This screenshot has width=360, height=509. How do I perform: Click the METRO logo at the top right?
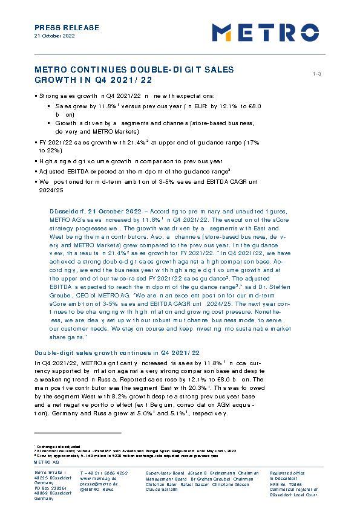(265, 32)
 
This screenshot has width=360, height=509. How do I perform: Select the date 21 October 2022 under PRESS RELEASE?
(54, 36)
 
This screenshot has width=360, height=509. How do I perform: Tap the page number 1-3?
(316, 74)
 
